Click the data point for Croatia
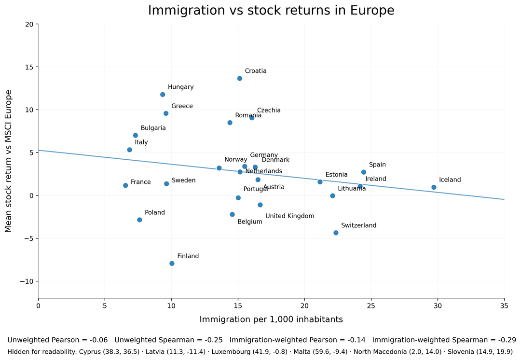coord(240,78)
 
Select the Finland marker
coord(172,263)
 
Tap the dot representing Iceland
coord(434,187)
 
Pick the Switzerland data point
coord(336,233)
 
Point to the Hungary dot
coord(163,95)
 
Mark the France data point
coord(125,185)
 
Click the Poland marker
coord(139,220)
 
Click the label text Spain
coord(377,165)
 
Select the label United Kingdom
coord(289,216)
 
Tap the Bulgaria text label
coord(153,128)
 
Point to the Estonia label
coord(336,175)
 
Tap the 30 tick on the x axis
coord(438,305)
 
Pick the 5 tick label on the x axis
coord(105,305)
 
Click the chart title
coord(271,11)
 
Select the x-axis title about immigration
coord(271,319)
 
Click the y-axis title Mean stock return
coord(8,161)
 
